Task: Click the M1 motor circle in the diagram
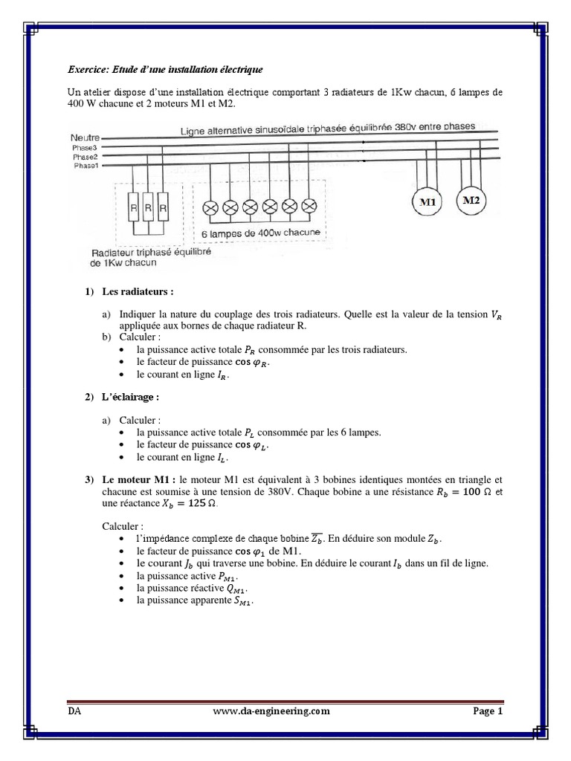click(x=428, y=201)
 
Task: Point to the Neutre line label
click(x=86, y=137)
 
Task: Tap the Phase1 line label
click(x=86, y=166)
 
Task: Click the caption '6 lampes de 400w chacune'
click(x=261, y=233)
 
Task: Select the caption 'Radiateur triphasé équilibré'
click(x=151, y=253)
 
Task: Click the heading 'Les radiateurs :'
click(x=137, y=292)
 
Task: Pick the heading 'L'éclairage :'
click(x=132, y=398)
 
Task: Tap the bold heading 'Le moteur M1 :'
click(x=139, y=481)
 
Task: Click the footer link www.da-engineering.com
click(x=271, y=711)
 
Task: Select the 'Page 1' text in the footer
click(x=488, y=711)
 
